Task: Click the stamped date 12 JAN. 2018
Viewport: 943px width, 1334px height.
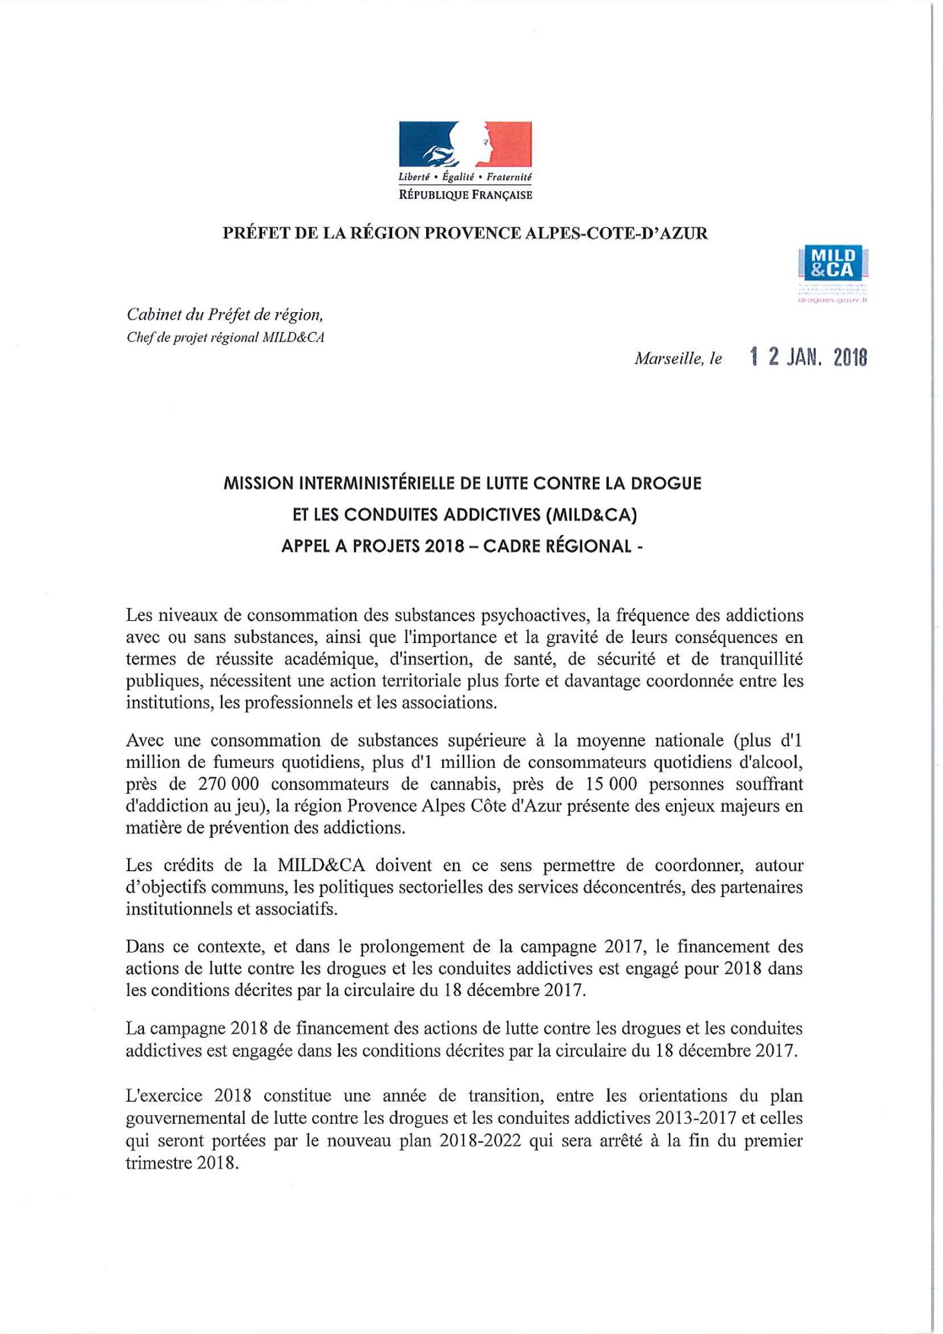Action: click(x=808, y=358)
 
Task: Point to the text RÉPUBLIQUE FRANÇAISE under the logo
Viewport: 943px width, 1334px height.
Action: click(x=465, y=195)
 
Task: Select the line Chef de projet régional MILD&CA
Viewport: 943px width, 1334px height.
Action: click(x=225, y=337)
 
